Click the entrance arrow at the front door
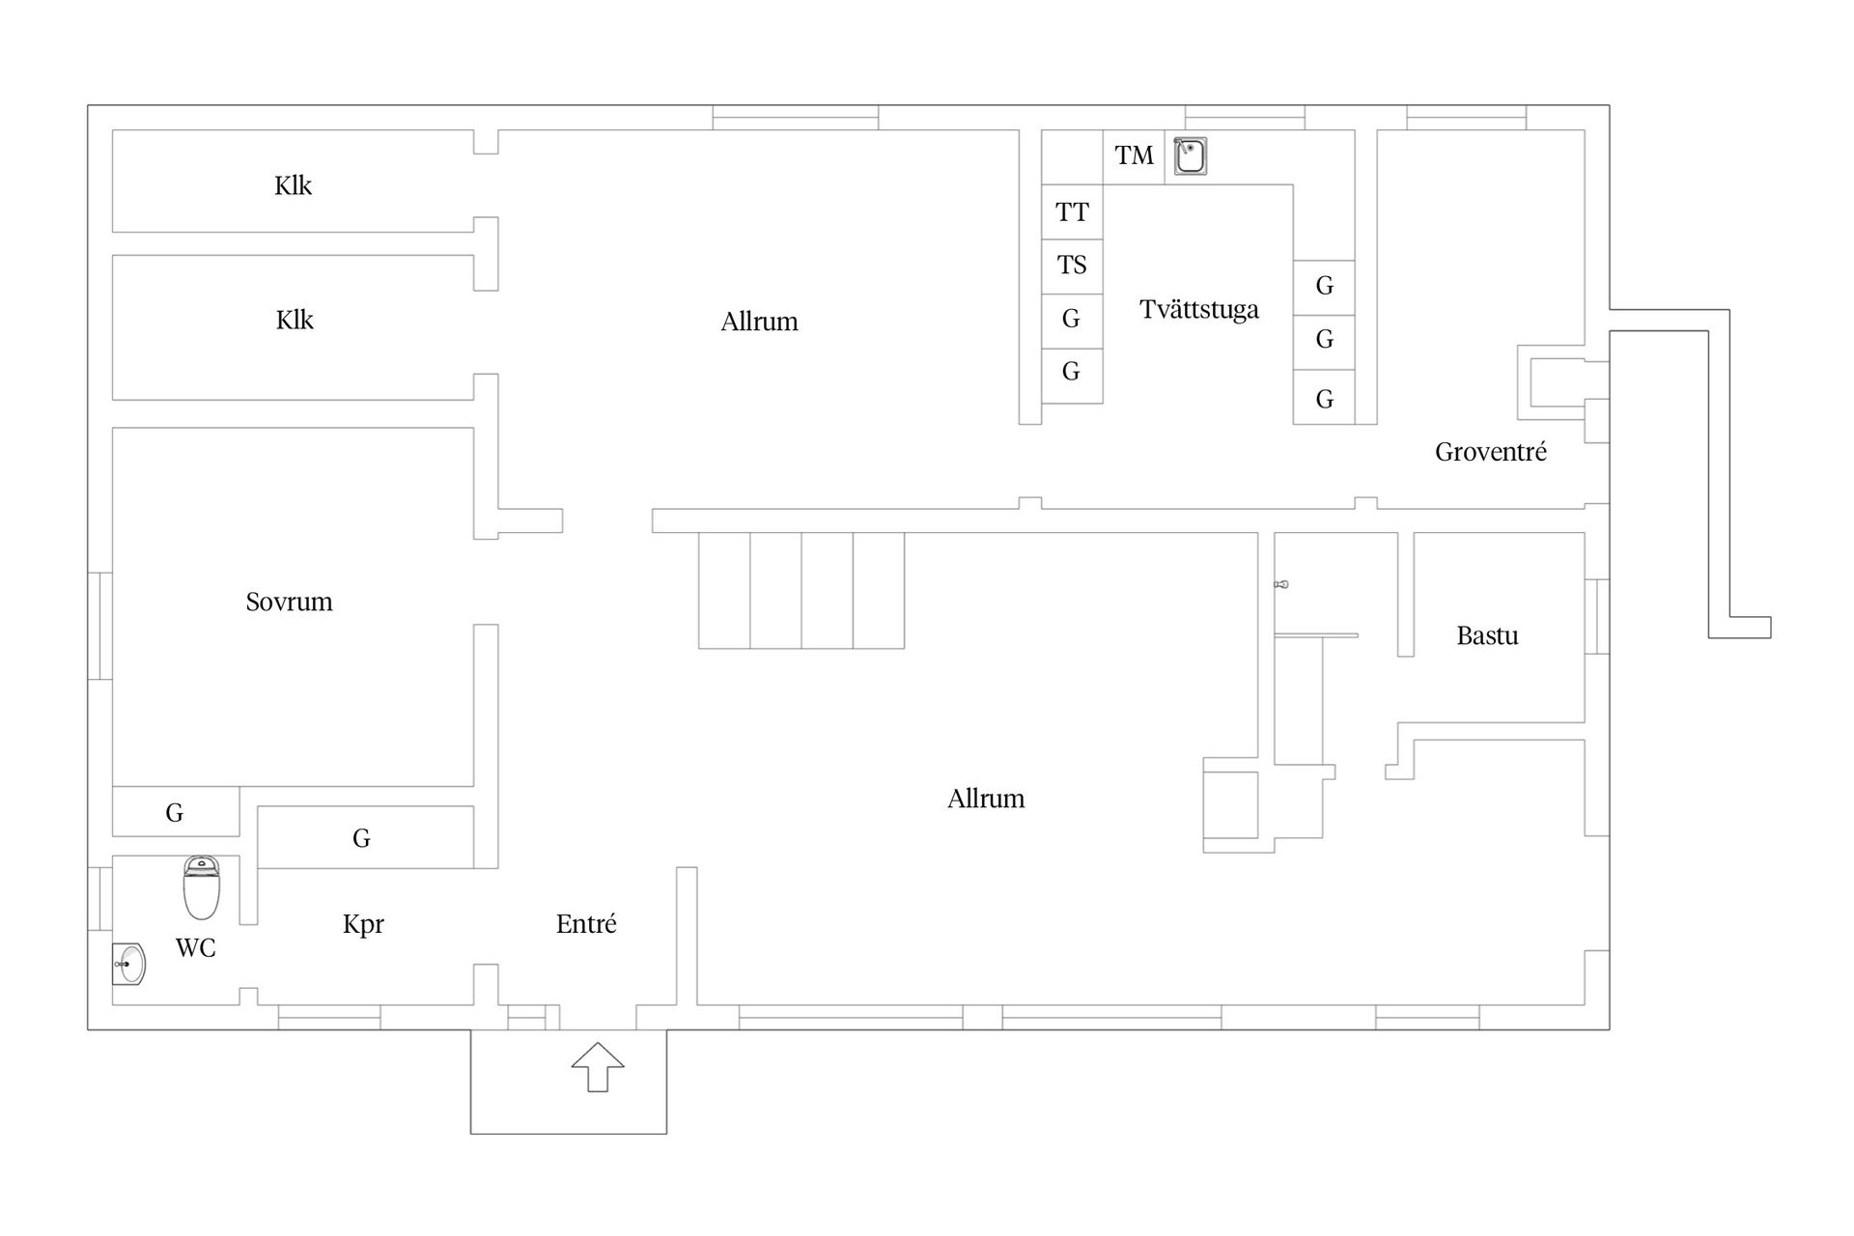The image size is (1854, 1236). pos(598,1067)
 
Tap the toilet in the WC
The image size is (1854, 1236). pos(201,886)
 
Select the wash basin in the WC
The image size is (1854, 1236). pos(128,964)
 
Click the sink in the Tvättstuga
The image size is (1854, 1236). pos(1190,156)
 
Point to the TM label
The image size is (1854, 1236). pos(1134,155)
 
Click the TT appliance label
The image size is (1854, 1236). pos(1072,212)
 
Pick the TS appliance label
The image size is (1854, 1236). pos(1072,265)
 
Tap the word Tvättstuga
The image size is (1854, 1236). pos(1199,309)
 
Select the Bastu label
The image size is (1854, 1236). pos(1487,635)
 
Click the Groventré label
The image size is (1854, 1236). pos(1491,451)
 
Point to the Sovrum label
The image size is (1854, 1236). pos(289,602)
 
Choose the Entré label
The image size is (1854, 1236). pos(586,924)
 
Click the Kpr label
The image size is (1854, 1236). pos(363,925)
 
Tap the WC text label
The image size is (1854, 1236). pos(195,947)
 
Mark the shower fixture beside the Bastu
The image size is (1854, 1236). pos(1281,584)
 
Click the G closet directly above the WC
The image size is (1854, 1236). pos(175,812)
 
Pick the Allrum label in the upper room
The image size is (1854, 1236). pos(759,322)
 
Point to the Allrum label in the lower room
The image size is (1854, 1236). pos(986,799)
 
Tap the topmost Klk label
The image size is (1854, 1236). pos(293,185)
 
